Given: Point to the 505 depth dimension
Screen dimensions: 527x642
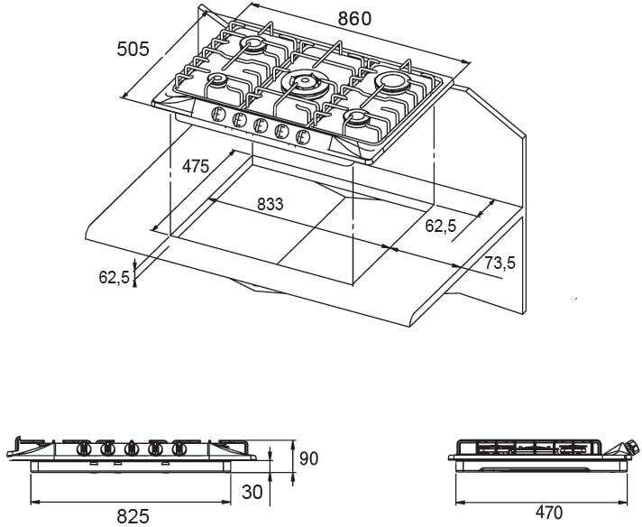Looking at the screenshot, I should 133,49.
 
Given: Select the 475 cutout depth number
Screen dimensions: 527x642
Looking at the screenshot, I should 196,166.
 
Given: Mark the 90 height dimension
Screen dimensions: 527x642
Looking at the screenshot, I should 309,459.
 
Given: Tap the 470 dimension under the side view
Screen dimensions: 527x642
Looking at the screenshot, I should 548,513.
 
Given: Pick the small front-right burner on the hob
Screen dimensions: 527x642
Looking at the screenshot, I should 358,119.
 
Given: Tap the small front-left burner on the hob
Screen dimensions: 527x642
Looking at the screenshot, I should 218,80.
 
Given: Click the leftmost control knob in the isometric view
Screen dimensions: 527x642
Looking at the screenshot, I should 217,114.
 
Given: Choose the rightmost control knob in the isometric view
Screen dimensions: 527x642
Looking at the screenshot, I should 302,136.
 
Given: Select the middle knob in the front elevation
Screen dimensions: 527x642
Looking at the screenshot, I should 132,448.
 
